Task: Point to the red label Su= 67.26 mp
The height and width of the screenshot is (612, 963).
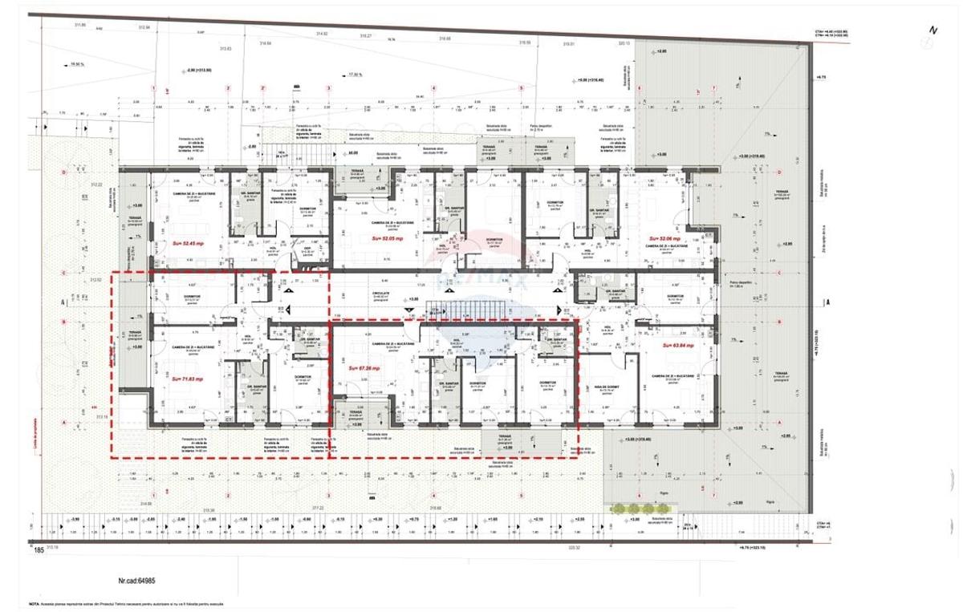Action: coord(364,368)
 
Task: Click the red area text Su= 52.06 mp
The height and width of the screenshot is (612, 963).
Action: coord(664,239)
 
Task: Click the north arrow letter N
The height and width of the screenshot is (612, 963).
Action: coord(933,30)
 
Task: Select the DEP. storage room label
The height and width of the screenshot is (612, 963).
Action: coord(308,249)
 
